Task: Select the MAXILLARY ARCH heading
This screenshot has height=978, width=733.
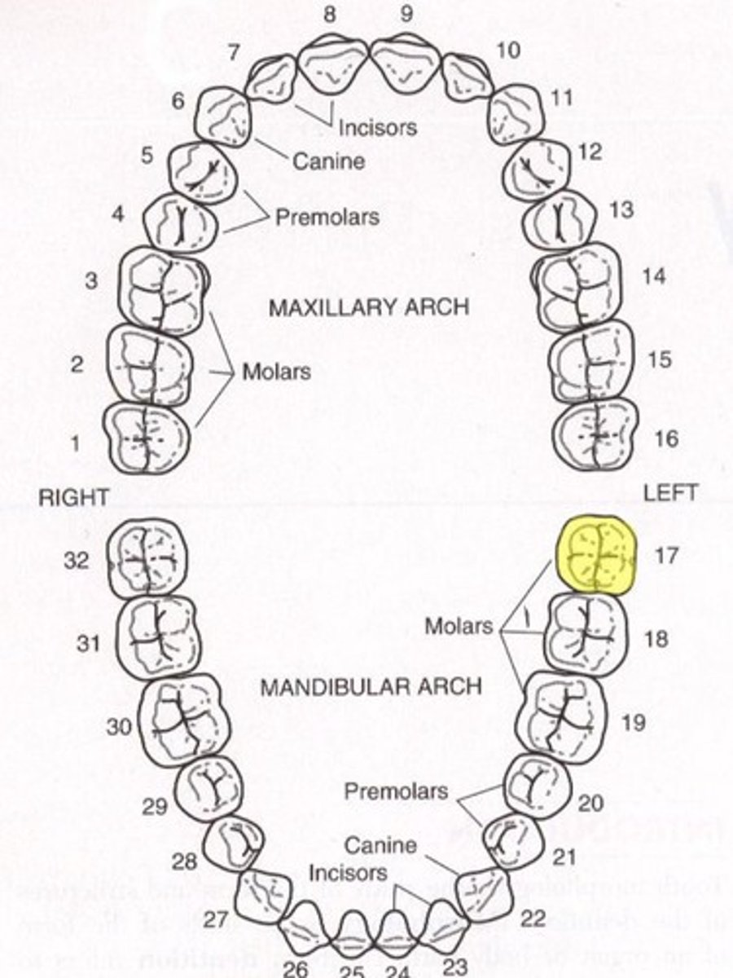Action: [x=368, y=307]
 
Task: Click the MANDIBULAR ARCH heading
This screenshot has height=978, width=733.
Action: [x=371, y=686]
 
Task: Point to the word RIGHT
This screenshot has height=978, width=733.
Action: [x=73, y=498]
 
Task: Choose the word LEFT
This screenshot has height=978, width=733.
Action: [x=670, y=493]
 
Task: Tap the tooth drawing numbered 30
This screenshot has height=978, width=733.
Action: [x=185, y=717]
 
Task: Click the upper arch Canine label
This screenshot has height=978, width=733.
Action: [x=328, y=161]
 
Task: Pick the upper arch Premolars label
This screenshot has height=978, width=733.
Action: [x=327, y=218]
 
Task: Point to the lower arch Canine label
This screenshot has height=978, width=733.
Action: [x=380, y=844]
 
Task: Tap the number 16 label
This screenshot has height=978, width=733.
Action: [x=665, y=438]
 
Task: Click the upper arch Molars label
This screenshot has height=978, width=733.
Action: [x=277, y=372]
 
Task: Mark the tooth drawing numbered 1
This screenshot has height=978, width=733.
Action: [x=147, y=438]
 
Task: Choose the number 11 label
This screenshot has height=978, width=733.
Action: [x=561, y=99]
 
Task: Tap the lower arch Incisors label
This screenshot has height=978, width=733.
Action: [x=348, y=873]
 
